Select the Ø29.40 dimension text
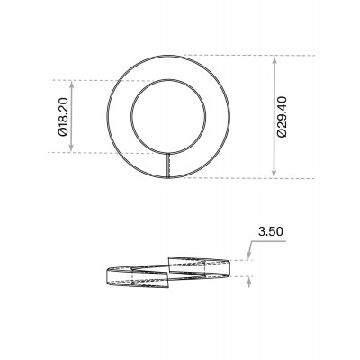[283, 117]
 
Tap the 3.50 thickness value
[271, 231]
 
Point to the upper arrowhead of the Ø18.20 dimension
[71, 85]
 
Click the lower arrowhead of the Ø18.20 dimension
[71, 148]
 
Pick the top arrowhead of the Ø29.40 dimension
[274, 60]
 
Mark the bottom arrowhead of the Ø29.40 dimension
[274, 174]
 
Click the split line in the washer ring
[168, 166]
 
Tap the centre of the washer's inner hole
[168, 116]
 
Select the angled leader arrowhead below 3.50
[248, 256]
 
